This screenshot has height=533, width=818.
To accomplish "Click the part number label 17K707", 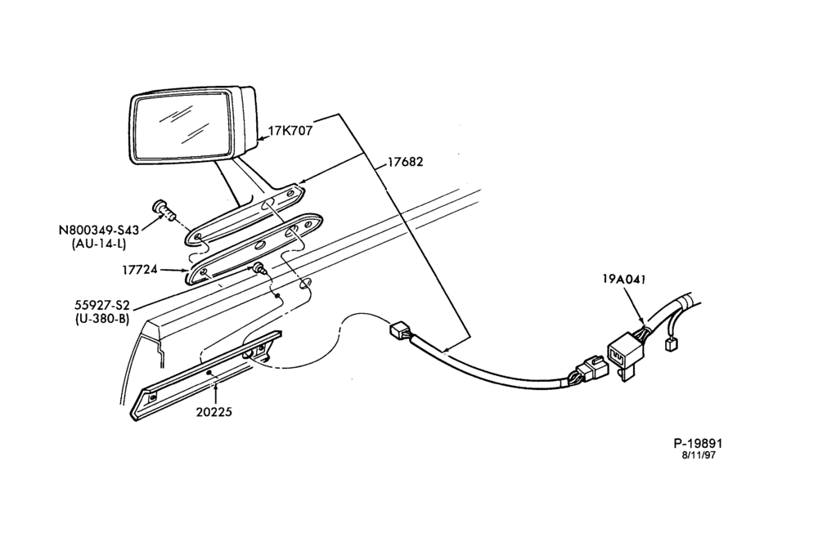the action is [x=290, y=130].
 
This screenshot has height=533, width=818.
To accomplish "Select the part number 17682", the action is [x=405, y=162].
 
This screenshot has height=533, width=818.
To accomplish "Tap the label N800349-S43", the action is [x=99, y=230].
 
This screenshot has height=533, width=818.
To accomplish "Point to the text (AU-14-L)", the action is [x=99, y=243].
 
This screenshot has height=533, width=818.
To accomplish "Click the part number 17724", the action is [x=140, y=270].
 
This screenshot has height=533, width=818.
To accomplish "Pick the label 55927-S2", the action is [x=101, y=305].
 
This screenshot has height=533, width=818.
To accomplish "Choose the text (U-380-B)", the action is [x=101, y=318].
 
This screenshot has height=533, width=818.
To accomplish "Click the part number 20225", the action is [x=213, y=412].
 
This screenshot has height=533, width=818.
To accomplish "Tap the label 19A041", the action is [x=624, y=279].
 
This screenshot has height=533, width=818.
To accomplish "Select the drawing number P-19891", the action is [x=698, y=443].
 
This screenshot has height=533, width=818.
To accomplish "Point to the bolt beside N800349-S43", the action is [x=164, y=209].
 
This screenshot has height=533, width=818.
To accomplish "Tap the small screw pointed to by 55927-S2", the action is [x=259, y=269].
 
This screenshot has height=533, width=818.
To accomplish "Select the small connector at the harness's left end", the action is [x=401, y=330].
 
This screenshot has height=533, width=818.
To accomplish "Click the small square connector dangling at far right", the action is [x=669, y=345].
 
